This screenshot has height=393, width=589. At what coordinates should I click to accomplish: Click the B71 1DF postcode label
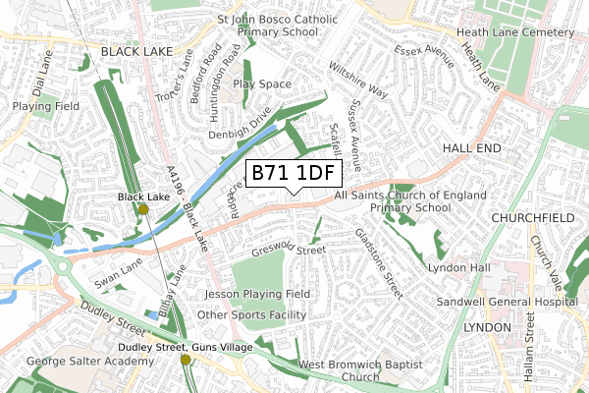click(293, 174)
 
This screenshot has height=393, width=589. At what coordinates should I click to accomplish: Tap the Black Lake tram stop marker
click(143, 209)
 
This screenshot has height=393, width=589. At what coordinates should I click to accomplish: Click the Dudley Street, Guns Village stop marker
click(186, 360)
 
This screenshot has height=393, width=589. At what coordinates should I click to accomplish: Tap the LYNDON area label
click(488, 326)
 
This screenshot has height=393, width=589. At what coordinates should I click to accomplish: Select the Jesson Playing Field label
click(257, 294)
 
